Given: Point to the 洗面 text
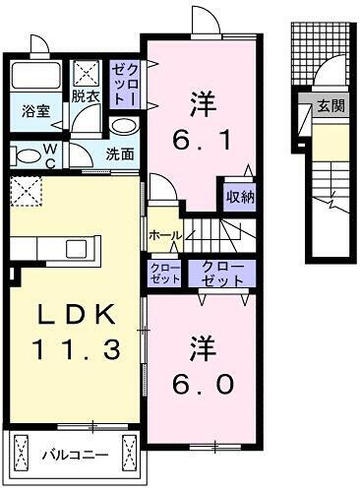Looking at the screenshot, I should pyautogui.click(x=120, y=154).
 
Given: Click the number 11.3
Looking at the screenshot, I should pyautogui.click(x=76, y=347).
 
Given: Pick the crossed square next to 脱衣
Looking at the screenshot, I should pyautogui.click(x=87, y=72).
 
